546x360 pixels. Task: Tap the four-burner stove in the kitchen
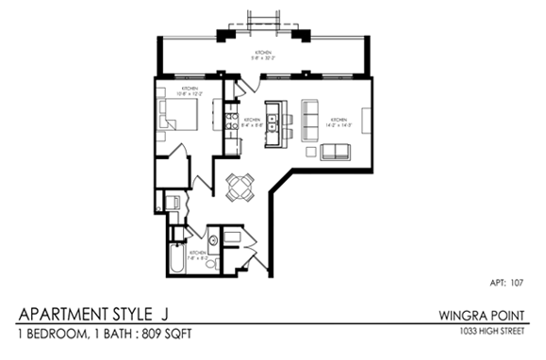(x=229, y=123)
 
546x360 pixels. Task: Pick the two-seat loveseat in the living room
(x=334, y=152)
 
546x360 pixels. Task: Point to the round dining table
(x=241, y=187)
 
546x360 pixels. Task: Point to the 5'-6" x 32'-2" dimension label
(x=263, y=58)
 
